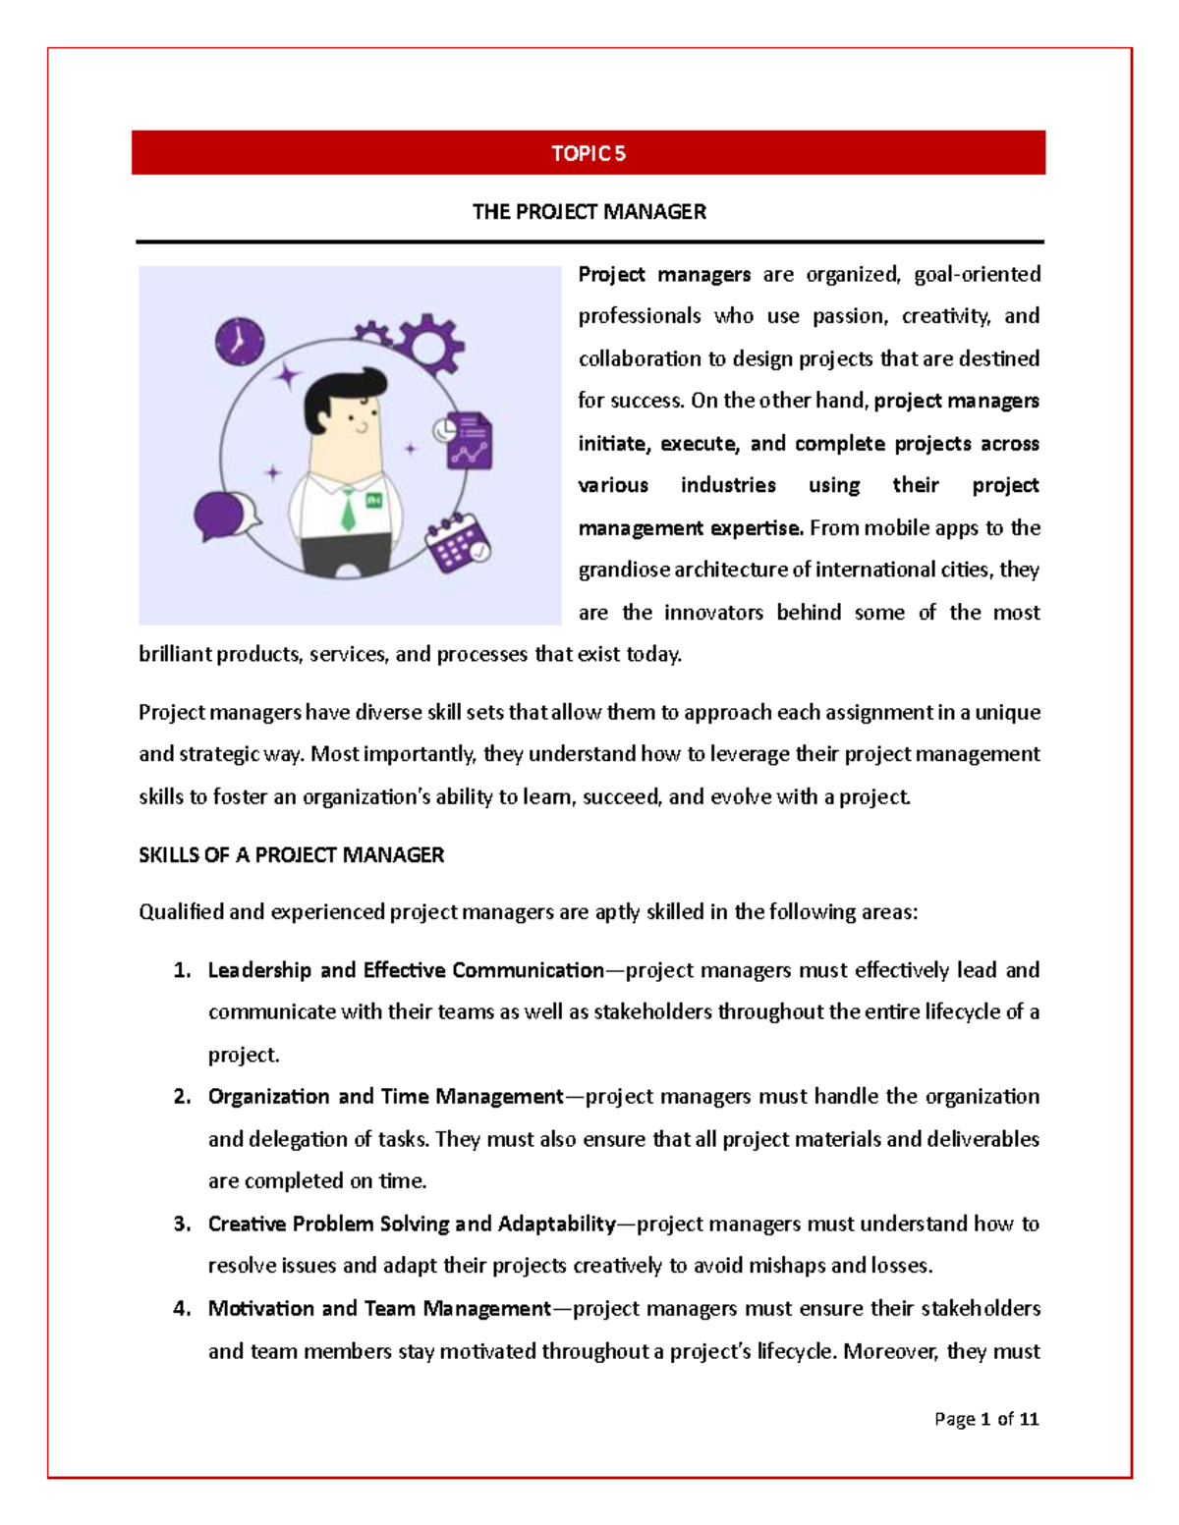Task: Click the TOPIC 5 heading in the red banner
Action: coord(588,153)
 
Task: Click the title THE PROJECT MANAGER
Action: coord(589,212)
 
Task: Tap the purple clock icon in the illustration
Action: coord(239,341)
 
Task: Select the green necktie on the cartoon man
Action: coord(348,510)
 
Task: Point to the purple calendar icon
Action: coord(457,543)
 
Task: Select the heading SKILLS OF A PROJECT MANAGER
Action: coord(291,855)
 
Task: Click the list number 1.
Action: coord(182,970)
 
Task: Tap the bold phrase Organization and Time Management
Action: coord(385,1097)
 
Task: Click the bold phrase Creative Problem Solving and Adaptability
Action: coord(411,1224)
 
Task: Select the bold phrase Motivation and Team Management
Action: coord(379,1308)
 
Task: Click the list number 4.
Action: coord(182,1308)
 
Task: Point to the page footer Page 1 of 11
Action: coord(985,1418)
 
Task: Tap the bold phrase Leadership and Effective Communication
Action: coord(406,970)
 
